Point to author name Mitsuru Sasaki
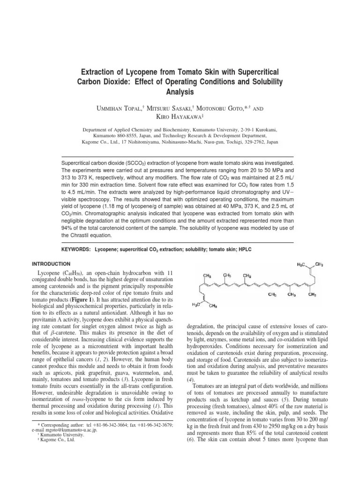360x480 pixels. [x=170, y=108]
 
